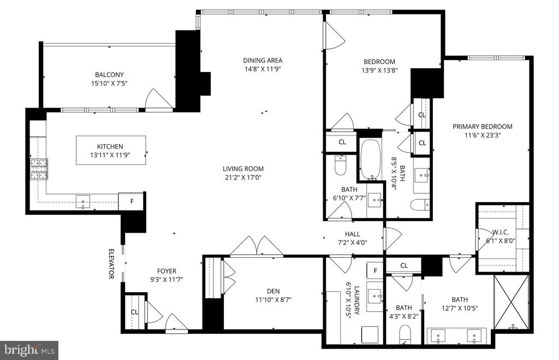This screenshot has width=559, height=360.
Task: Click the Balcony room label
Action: [x=109, y=75]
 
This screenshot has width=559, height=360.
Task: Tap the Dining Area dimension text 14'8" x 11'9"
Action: [x=263, y=69]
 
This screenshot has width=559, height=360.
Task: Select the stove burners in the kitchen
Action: [x=39, y=169]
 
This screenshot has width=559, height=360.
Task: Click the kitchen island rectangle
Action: [x=111, y=150]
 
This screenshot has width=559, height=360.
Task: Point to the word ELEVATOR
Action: [x=111, y=264]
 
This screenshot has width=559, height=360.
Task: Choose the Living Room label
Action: [x=243, y=169]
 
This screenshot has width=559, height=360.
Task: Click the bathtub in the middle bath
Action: [x=371, y=159]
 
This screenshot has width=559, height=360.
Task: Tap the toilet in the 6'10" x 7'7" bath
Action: [x=341, y=165]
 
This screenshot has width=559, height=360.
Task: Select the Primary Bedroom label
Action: [x=483, y=126]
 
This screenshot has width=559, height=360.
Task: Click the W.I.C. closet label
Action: [x=501, y=232]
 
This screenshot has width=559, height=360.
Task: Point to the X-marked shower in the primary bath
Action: [x=511, y=302]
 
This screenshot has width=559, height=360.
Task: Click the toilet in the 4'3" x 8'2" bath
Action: [x=405, y=334]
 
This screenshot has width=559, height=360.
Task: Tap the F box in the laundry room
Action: [x=375, y=270]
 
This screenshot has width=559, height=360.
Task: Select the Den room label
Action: [x=273, y=291]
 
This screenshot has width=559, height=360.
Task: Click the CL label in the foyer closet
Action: [x=134, y=312]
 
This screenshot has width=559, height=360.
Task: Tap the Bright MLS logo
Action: [x=29, y=350]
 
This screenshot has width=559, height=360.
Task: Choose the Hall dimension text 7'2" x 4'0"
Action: [x=352, y=243]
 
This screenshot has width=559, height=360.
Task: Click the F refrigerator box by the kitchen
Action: [x=131, y=201]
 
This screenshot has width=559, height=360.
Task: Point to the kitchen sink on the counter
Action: [x=83, y=202]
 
